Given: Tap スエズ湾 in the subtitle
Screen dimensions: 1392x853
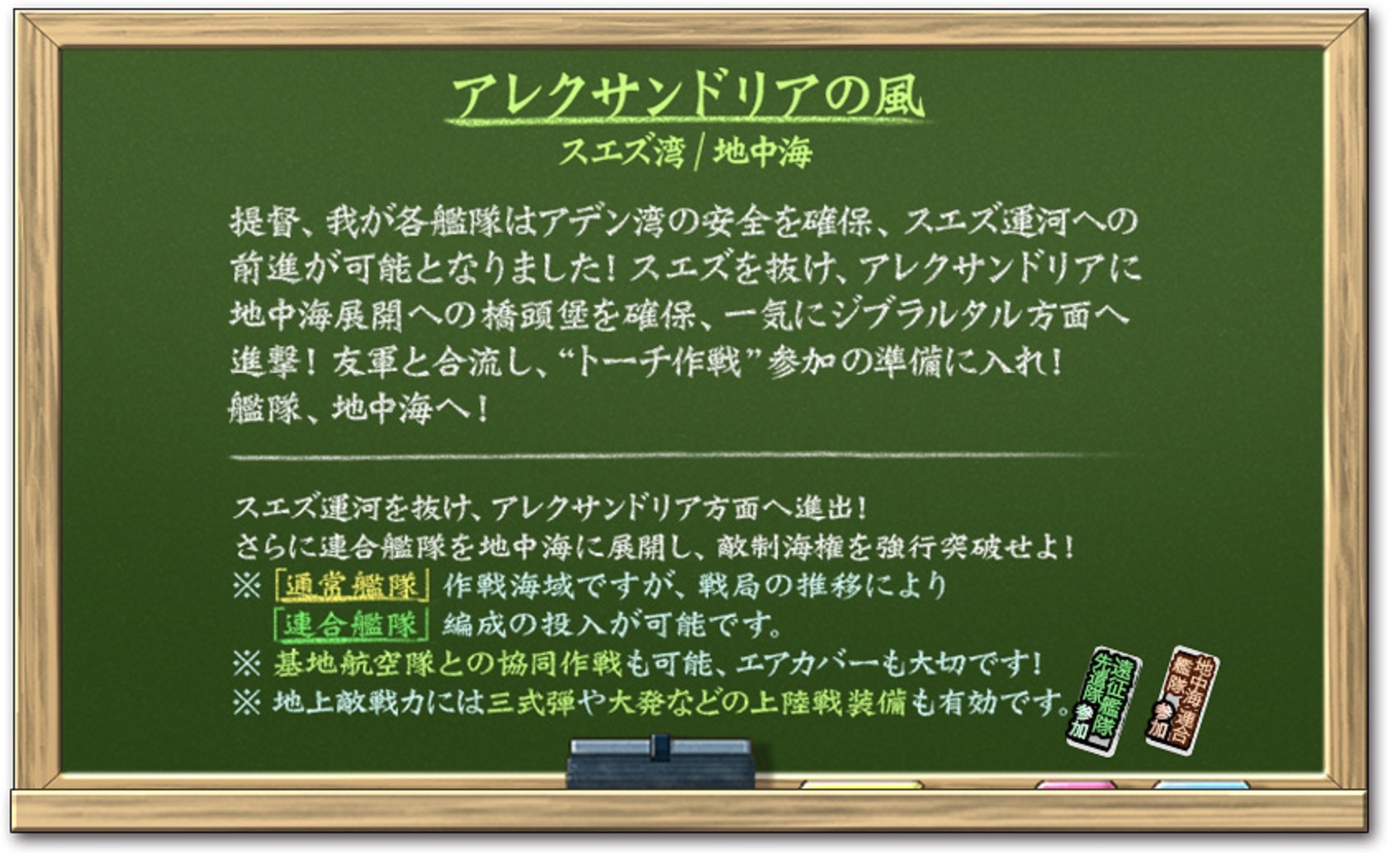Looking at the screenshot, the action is pos(622,152).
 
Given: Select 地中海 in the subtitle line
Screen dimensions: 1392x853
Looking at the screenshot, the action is pos(763,152).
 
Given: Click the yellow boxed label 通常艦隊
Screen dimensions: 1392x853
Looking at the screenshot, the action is pos(352,585).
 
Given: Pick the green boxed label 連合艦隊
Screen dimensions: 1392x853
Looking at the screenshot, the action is pos(351,624).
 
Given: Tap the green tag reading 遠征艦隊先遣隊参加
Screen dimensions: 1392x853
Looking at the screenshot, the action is pos(1104,701).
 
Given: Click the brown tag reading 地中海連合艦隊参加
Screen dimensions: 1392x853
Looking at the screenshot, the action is pos(1182,700).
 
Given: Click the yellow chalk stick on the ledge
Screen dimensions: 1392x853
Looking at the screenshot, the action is pos(861,785).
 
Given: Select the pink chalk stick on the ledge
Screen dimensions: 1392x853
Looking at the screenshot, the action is pos(1076,785).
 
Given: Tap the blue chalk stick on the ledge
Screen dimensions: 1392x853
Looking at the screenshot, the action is pos(1201,785).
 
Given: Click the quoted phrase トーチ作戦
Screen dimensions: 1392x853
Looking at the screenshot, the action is pos(660,362).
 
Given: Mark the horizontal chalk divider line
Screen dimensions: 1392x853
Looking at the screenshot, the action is pos(687,457).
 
